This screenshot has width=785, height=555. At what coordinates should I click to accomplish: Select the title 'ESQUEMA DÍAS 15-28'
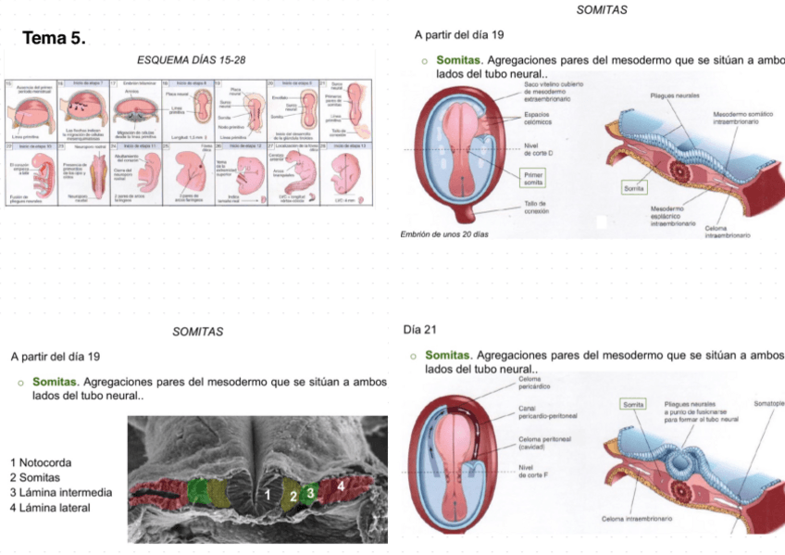(x=192, y=60)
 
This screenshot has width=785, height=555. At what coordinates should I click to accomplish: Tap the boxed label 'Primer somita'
(x=534, y=177)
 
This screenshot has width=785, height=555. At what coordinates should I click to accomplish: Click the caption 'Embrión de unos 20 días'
(x=443, y=233)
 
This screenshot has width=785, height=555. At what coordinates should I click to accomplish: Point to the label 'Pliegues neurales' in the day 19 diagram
(x=674, y=96)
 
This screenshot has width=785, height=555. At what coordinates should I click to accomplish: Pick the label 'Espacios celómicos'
(x=538, y=120)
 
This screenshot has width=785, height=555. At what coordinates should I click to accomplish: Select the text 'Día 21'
(x=420, y=329)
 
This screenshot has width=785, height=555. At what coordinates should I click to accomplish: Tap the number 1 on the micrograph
(x=268, y=496)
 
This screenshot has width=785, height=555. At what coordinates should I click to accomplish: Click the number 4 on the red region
(x=341, y=485)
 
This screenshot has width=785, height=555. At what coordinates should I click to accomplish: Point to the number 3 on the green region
(x=311, y=492)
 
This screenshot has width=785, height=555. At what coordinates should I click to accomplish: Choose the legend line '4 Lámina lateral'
(x=50, y=507)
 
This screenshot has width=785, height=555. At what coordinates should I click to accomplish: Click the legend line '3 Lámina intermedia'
(x=61, y=492)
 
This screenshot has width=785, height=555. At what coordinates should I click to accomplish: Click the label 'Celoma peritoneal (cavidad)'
(x=542, y=442)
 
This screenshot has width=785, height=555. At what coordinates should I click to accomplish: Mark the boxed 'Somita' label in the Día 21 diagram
(x=633, y=405)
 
